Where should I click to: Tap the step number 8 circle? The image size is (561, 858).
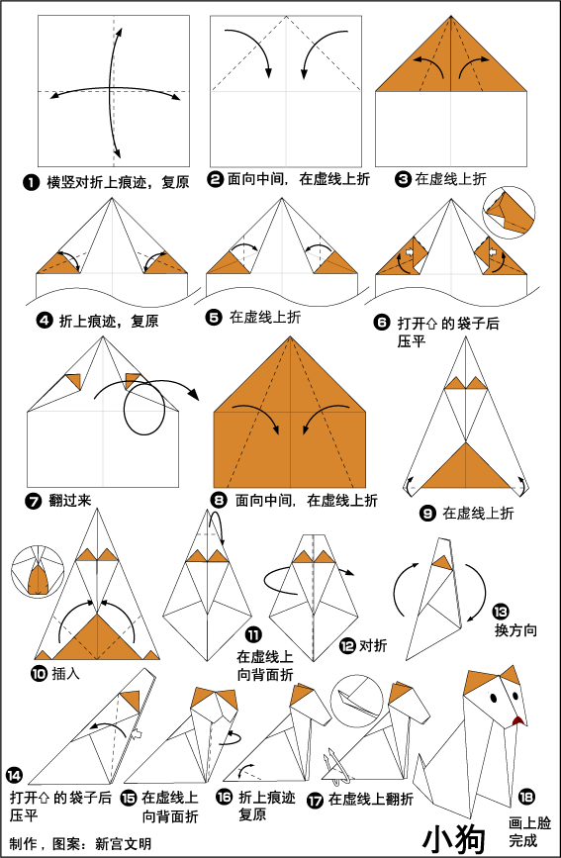[219, 500]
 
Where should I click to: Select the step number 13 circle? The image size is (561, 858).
[501, 612]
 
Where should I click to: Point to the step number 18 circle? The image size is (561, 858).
[526, 797]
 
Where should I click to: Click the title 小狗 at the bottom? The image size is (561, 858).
[454, 837]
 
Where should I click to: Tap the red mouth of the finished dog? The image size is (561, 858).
[517, 721]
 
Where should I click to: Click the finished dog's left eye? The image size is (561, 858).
[493, 699]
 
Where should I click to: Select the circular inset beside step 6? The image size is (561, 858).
[509, 212]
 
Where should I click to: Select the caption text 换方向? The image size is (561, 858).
[515, 629]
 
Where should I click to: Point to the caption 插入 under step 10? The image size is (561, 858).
[66, 673]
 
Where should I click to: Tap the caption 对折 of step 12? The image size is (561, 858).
[372, 645]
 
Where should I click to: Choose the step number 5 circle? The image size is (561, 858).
[214, 317]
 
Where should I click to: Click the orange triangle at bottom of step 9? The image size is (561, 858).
[466, 465]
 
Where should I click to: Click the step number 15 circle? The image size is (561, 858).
[130, 799]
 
